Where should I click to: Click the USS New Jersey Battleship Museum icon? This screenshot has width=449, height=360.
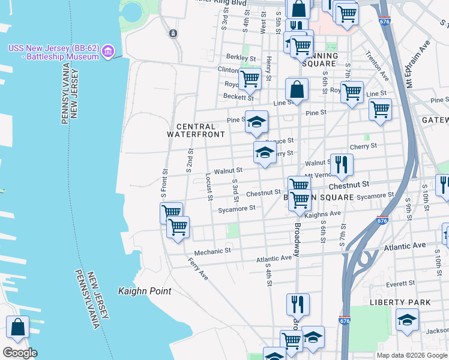point(108,51)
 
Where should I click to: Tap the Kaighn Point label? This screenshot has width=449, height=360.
point(145,291)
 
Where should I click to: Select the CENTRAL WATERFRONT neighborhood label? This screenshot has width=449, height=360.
point(191,130)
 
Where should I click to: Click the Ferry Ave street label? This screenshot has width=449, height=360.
point(197,269)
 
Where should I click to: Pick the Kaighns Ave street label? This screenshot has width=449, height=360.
point(322,214)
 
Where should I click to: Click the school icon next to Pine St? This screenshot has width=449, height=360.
point(256,122)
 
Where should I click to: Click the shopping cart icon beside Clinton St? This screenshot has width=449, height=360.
point(250,78)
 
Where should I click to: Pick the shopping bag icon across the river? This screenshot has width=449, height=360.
point(17,328)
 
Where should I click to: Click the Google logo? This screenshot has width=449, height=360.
point(19,353)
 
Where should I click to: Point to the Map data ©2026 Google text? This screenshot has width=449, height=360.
point(412,355)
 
